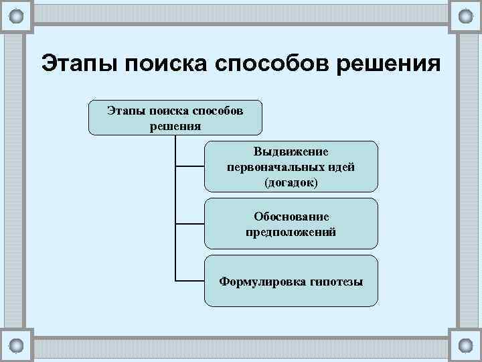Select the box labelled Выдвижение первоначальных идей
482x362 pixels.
tap(291, 166)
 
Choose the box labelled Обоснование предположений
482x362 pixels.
tap(291, 223)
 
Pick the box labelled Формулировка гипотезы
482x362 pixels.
tap(291, 280)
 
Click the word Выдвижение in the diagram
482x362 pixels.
tap(291, 152)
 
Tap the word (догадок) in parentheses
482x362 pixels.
tap(291, 181)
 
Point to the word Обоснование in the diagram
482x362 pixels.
tap(291, 217)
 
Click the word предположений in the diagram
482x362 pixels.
tap(291, 231)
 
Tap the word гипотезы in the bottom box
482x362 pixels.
tap(337, 282)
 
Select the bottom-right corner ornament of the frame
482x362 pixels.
tap(465, 346)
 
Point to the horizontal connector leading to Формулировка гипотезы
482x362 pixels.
tap(189, 280)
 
